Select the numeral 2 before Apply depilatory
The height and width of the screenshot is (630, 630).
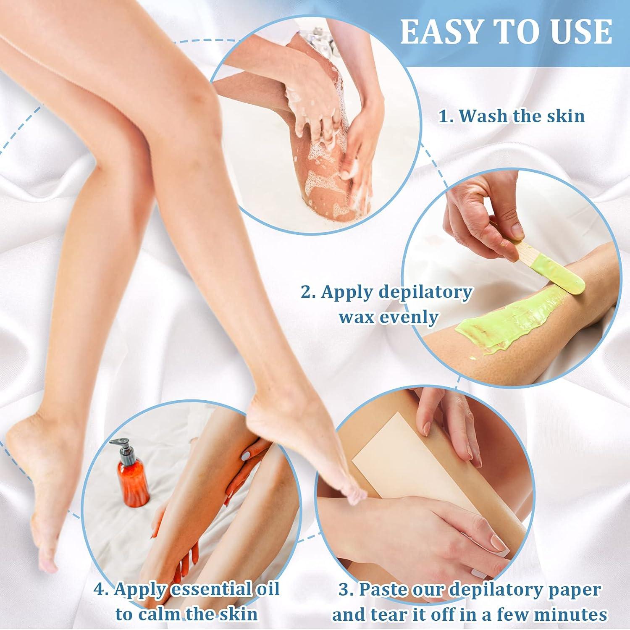pyautogui.click(x=306, y=292)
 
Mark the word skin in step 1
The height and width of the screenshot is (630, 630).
pyautogui.click(x=566, y=116)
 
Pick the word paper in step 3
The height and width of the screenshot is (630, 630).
pyautogui.click(x=575, y=590)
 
